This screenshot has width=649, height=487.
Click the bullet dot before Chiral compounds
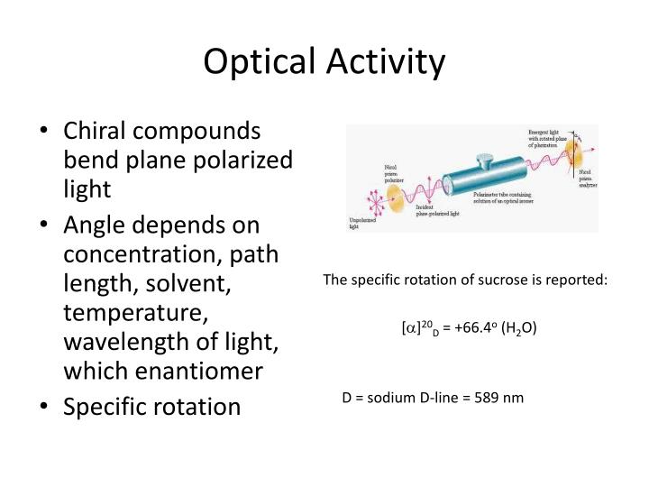click(45, 132)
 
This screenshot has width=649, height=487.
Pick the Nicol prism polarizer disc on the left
click(397, 193)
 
